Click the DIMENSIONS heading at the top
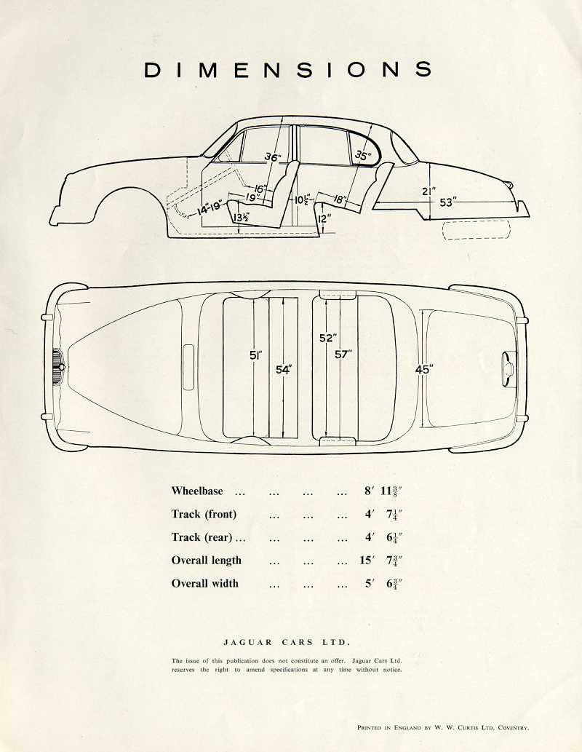pyautogui.click(x=288, y=70)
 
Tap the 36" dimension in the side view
pyautogui.click(x=272, y=157)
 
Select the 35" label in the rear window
pyautogui.click(x=362, y=155)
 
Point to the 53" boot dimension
pyautogui.click(x=447, y=202)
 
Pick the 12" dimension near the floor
pyautogui.click(x=324, y=218)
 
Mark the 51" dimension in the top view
pyautogui.click(x=255, y=355)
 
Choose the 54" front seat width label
pyautogui.click(x=283, y=370)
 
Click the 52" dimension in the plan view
pyautogui.click(x=327, y=339)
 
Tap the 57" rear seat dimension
pyautogui.click(x=343, y=355)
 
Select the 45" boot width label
pyautogui.click(x=423, y=370)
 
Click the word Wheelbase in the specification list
pyautogui.click(x=197, y=491)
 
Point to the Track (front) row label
pyautogui.click(x=204, y=514)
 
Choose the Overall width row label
pyautogui.click(x=204, y=583)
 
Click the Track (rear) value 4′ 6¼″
pyautogui.click(x=383, y=537)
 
